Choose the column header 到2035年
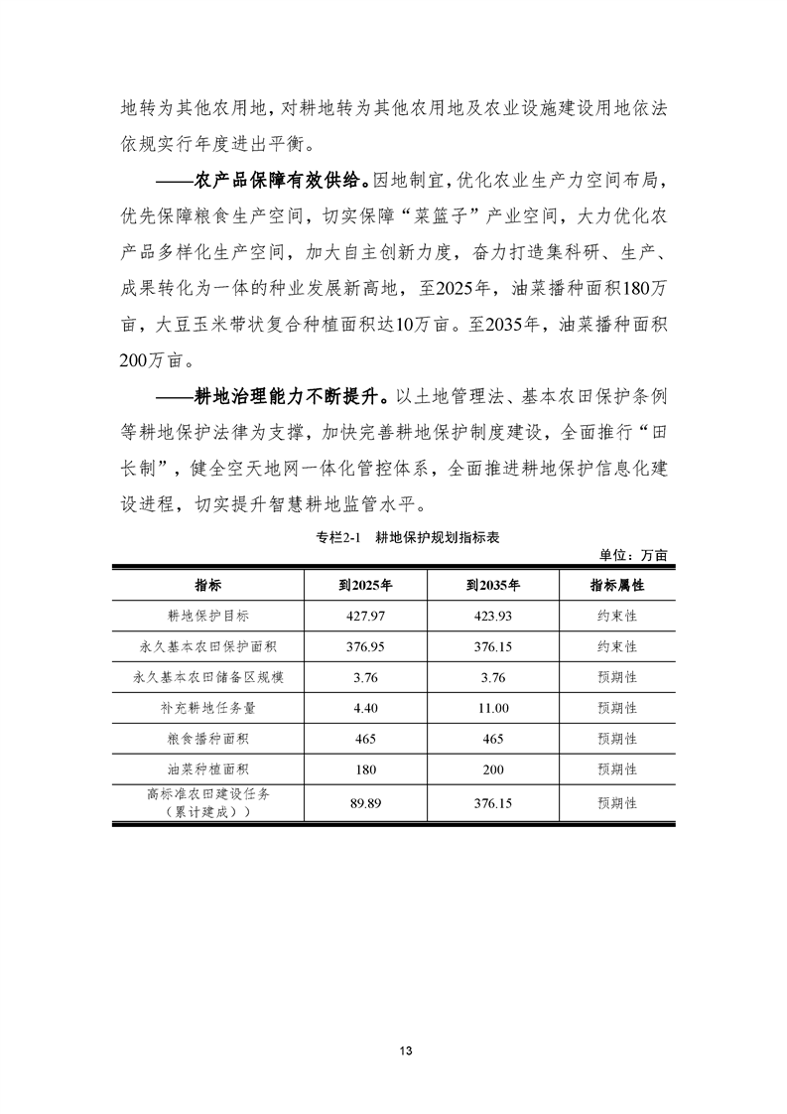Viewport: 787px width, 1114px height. tap(493, 585)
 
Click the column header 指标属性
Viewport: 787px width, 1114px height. tap(617, 585)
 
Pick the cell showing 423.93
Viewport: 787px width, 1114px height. tap(493, 616)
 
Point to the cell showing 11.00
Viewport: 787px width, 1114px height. tap(493, 708)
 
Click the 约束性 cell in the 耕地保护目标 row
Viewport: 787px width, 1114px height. tap(617, 616)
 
